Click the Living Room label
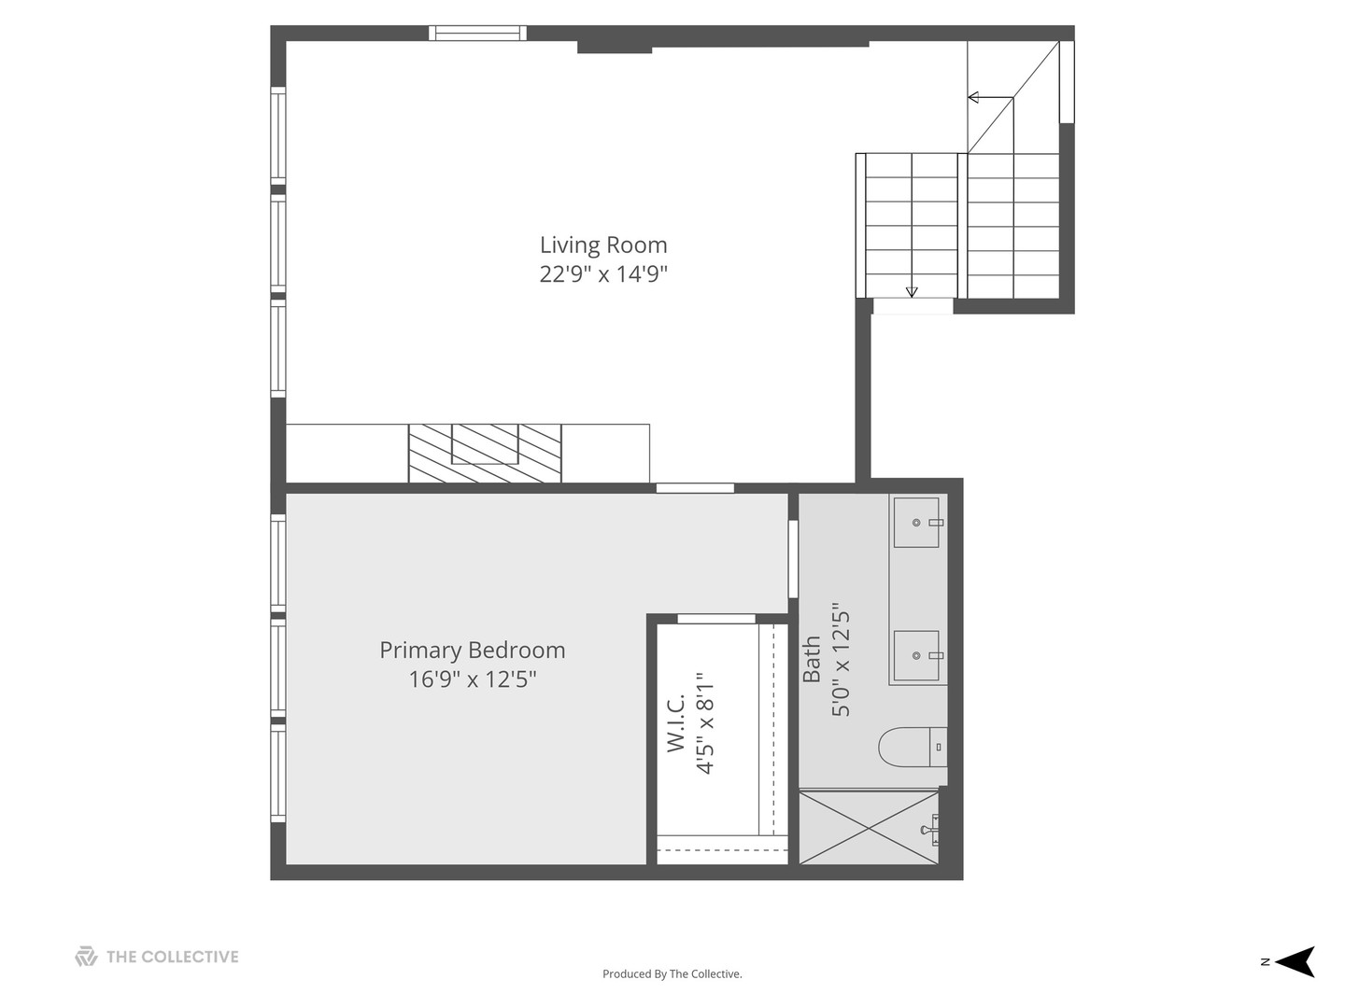pos(603,245)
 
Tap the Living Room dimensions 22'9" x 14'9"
pos(603,273)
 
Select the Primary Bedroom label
pos(472,650)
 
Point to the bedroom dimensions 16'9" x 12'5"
pos(472,679)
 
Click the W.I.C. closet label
pos(675,722)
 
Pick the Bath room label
pos(812,659)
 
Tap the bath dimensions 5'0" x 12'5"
pos(841,659)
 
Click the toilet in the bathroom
pos(913,747)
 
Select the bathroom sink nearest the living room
pos(916,522)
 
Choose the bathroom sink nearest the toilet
pos(916,655)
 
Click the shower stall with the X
pos(869,828)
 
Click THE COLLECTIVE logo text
pos(172,957)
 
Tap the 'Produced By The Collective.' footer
pos(672,973)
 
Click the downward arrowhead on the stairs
pos(912,292)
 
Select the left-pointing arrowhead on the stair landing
pos(973,97)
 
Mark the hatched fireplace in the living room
pos(485,453)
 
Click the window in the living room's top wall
pos(477,33)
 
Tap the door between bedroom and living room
pos(695,488)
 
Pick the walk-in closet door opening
pos(715,619)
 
